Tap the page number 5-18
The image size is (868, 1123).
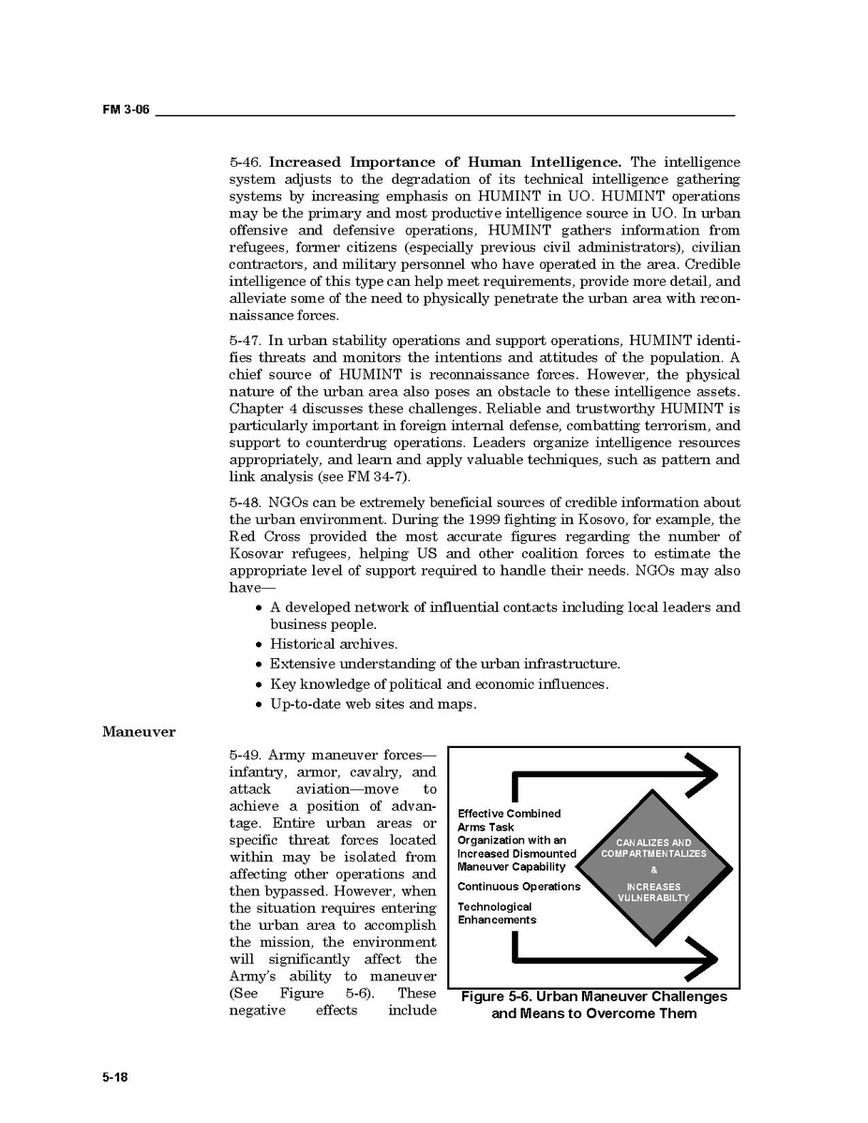click(115, 1077)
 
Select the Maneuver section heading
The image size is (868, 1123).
click(139, 731)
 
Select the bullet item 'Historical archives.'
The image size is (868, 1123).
click(334, 644)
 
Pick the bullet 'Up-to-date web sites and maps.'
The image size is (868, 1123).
click(373, 703)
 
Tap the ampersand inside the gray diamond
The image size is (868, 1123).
click(653, 870)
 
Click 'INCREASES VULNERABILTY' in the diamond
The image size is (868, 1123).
click(653, 892)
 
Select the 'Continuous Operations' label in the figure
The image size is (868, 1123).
click(518, 887)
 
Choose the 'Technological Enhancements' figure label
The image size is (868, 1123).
click(497, 913)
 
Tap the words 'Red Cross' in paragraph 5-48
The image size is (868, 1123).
click(262, 536)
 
